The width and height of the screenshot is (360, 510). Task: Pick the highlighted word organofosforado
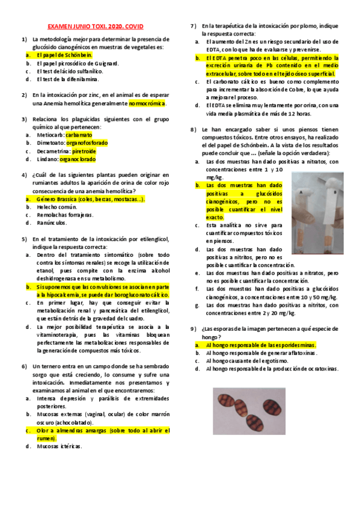(x=87, y=143)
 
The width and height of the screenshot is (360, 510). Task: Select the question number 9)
(x=194, y=329)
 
